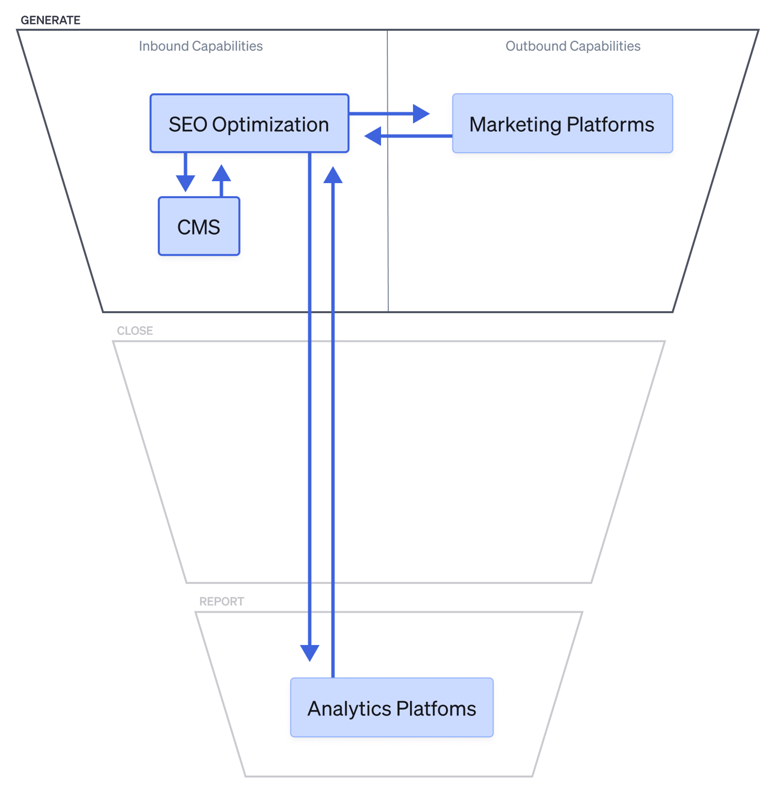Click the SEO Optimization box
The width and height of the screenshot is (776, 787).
coord(249,123)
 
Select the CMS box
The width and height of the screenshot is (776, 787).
coord(199,226)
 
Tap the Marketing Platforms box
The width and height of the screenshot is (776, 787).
coord(562,123)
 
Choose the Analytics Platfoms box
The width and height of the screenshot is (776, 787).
coord(391,707)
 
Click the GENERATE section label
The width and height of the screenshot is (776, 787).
coord(50,20)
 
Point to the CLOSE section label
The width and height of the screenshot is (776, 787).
coord(135,330)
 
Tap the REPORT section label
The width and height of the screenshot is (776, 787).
coord(222,601)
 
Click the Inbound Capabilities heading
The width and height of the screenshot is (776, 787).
coord(201,46)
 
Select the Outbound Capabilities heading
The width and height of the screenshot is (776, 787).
coord(573,46)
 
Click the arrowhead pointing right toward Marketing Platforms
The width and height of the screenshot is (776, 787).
coord(421,114)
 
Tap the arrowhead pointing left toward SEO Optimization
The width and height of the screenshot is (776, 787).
coord(373,136)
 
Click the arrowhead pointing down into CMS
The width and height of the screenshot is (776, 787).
coord(185,183)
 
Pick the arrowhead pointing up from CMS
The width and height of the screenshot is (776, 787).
coord(221,173)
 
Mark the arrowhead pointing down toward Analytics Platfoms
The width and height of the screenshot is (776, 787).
coord(310,654)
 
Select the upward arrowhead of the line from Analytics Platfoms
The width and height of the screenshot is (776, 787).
coord(333,175)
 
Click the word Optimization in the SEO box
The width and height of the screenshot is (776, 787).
coord(270,125)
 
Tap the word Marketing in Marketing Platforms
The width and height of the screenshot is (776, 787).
coord(515,125)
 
